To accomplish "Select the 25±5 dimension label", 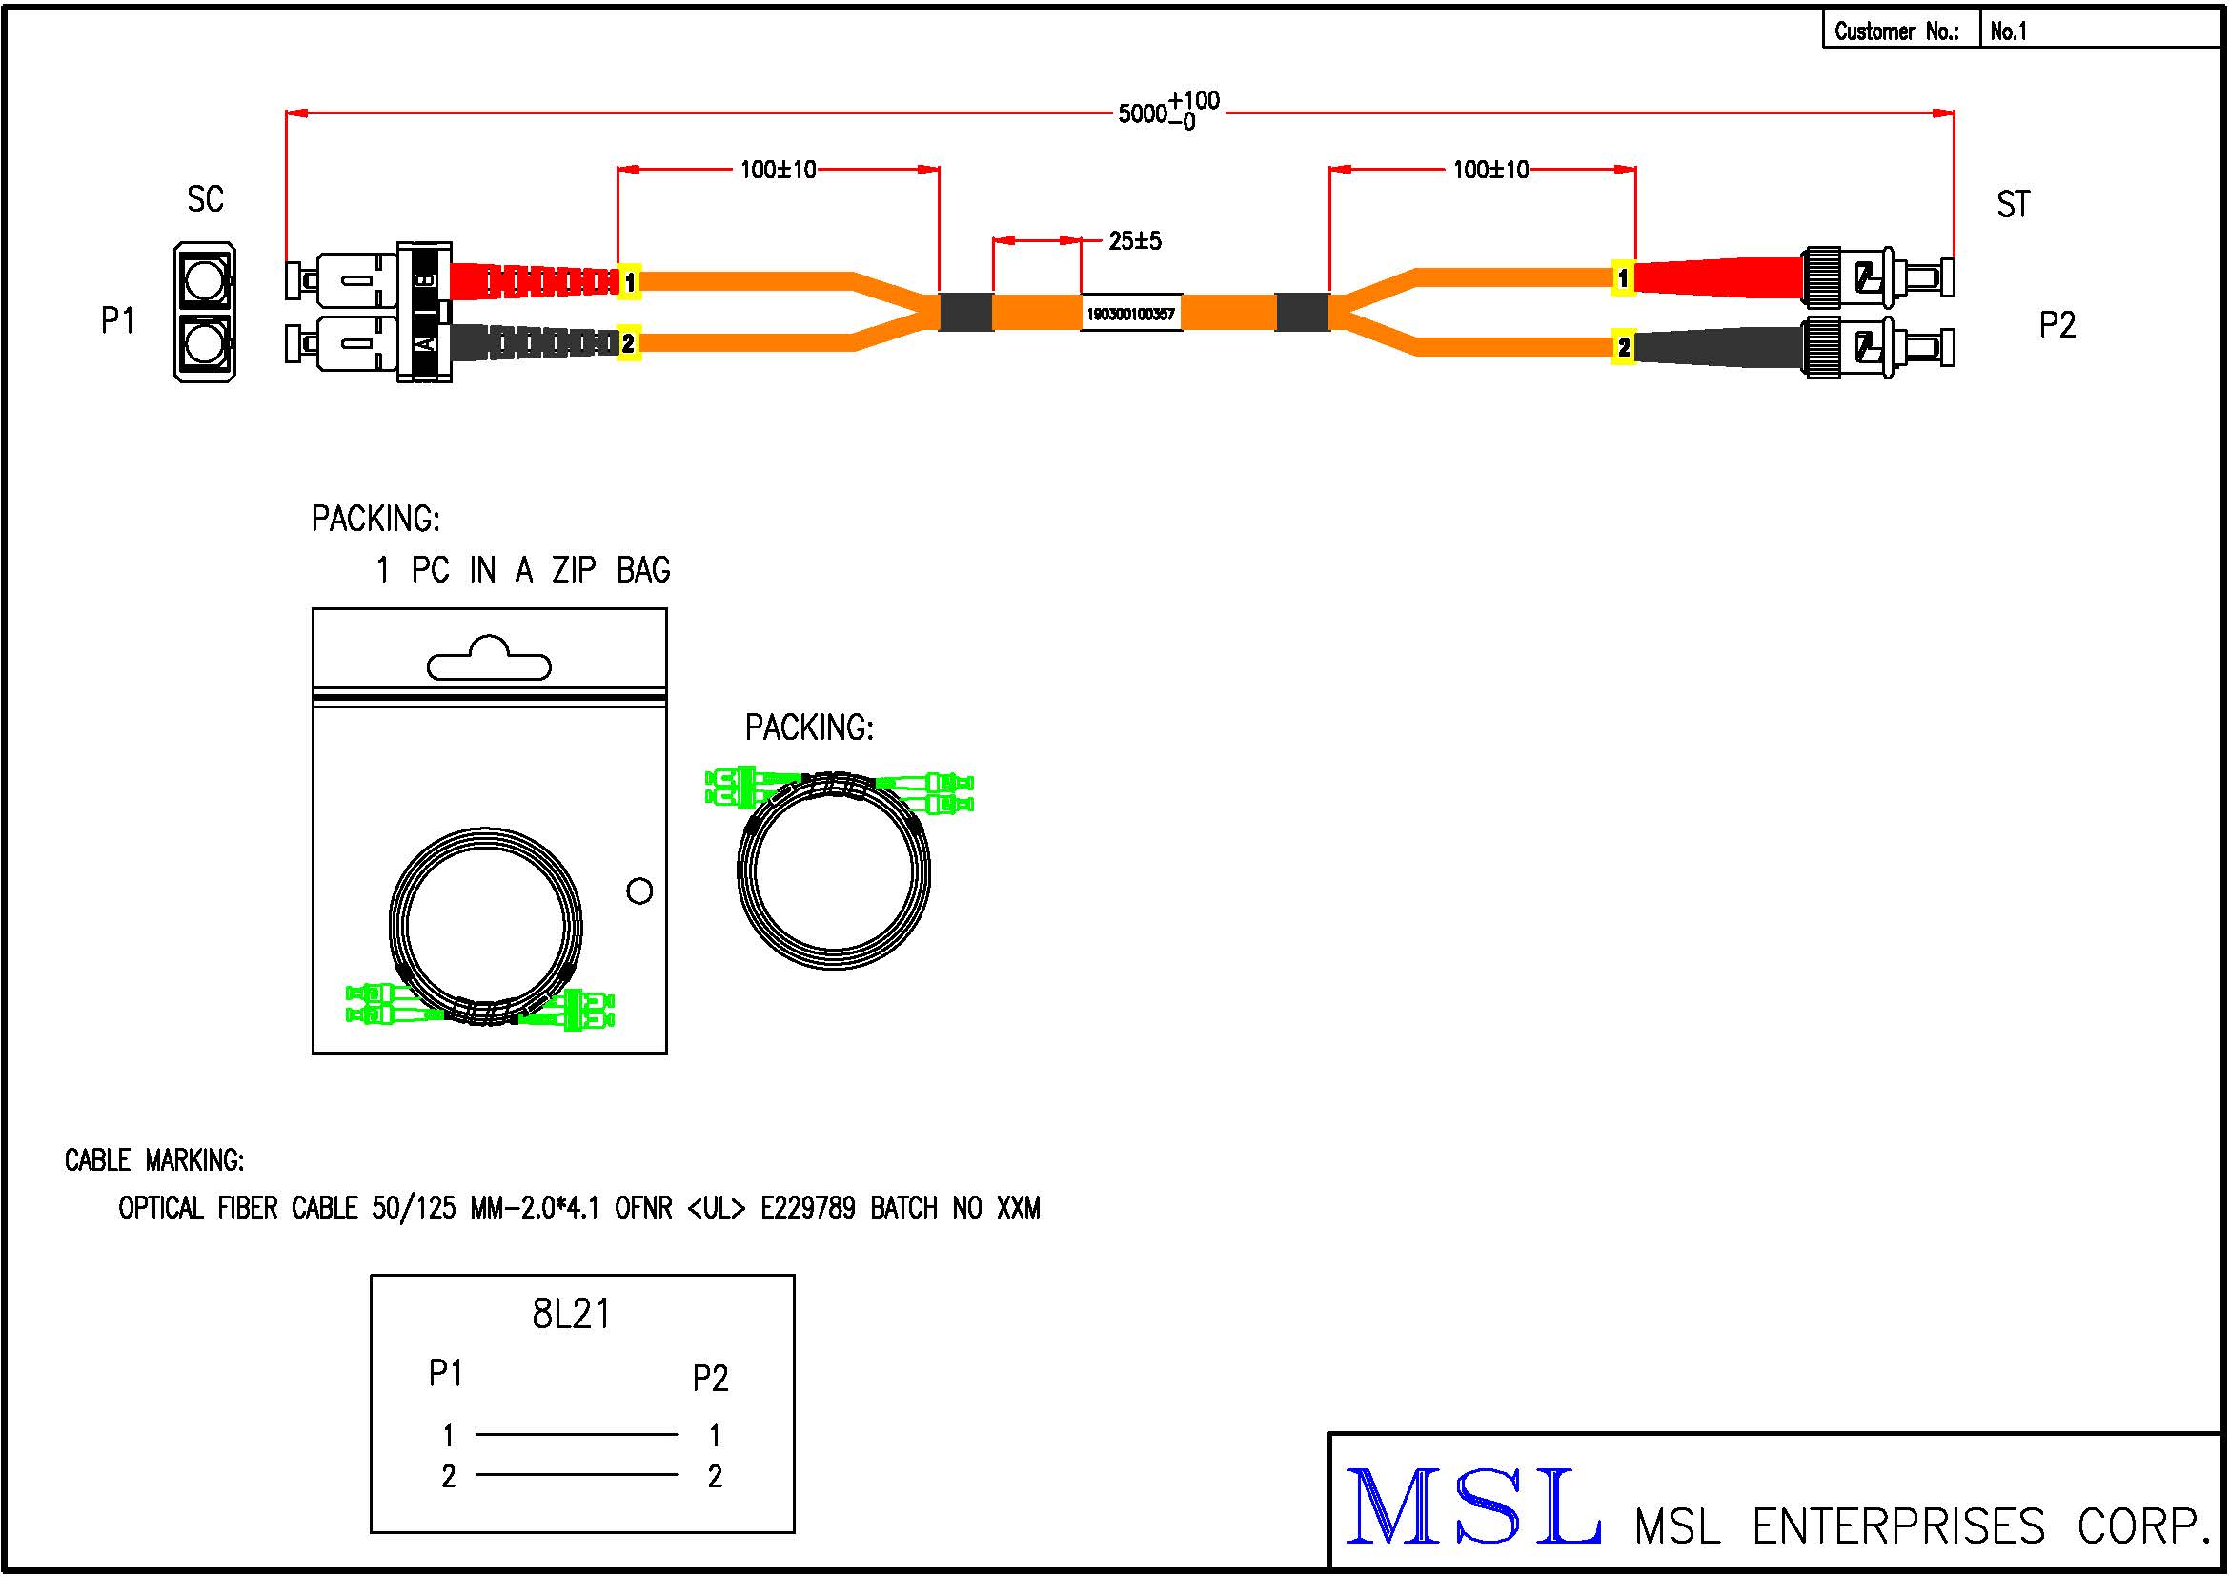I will (x=1135, y=240).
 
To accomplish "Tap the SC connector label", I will (x=205, y=200).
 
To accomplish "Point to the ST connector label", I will (x=2013, y=204).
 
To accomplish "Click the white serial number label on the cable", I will (x=1131, y=314).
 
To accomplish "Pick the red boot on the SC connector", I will (x=532, y=280).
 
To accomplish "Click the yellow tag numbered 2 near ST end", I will (x=1623, y=347).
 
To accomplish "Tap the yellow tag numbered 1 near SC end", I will (x=629, y=281).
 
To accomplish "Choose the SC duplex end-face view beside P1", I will (x=205, y=312).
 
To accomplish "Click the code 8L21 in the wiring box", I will (x=571, y=1314).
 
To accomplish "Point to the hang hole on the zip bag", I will (x=489, y=661).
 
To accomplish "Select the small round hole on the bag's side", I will (x=639, y=891).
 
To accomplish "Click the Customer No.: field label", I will (x=1896, y=31).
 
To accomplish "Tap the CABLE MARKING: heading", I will (x=154, y=1160).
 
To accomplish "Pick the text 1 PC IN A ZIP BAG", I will (x=522, y=570).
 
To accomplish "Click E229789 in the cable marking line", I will (x=808, y=1208).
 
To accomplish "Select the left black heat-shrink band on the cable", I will (x=965, y=312).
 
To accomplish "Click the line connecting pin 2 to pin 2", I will (x=577, y=1474).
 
